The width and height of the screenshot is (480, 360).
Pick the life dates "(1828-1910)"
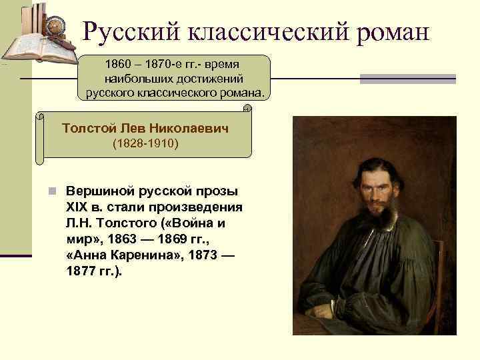tap(145, 143)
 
